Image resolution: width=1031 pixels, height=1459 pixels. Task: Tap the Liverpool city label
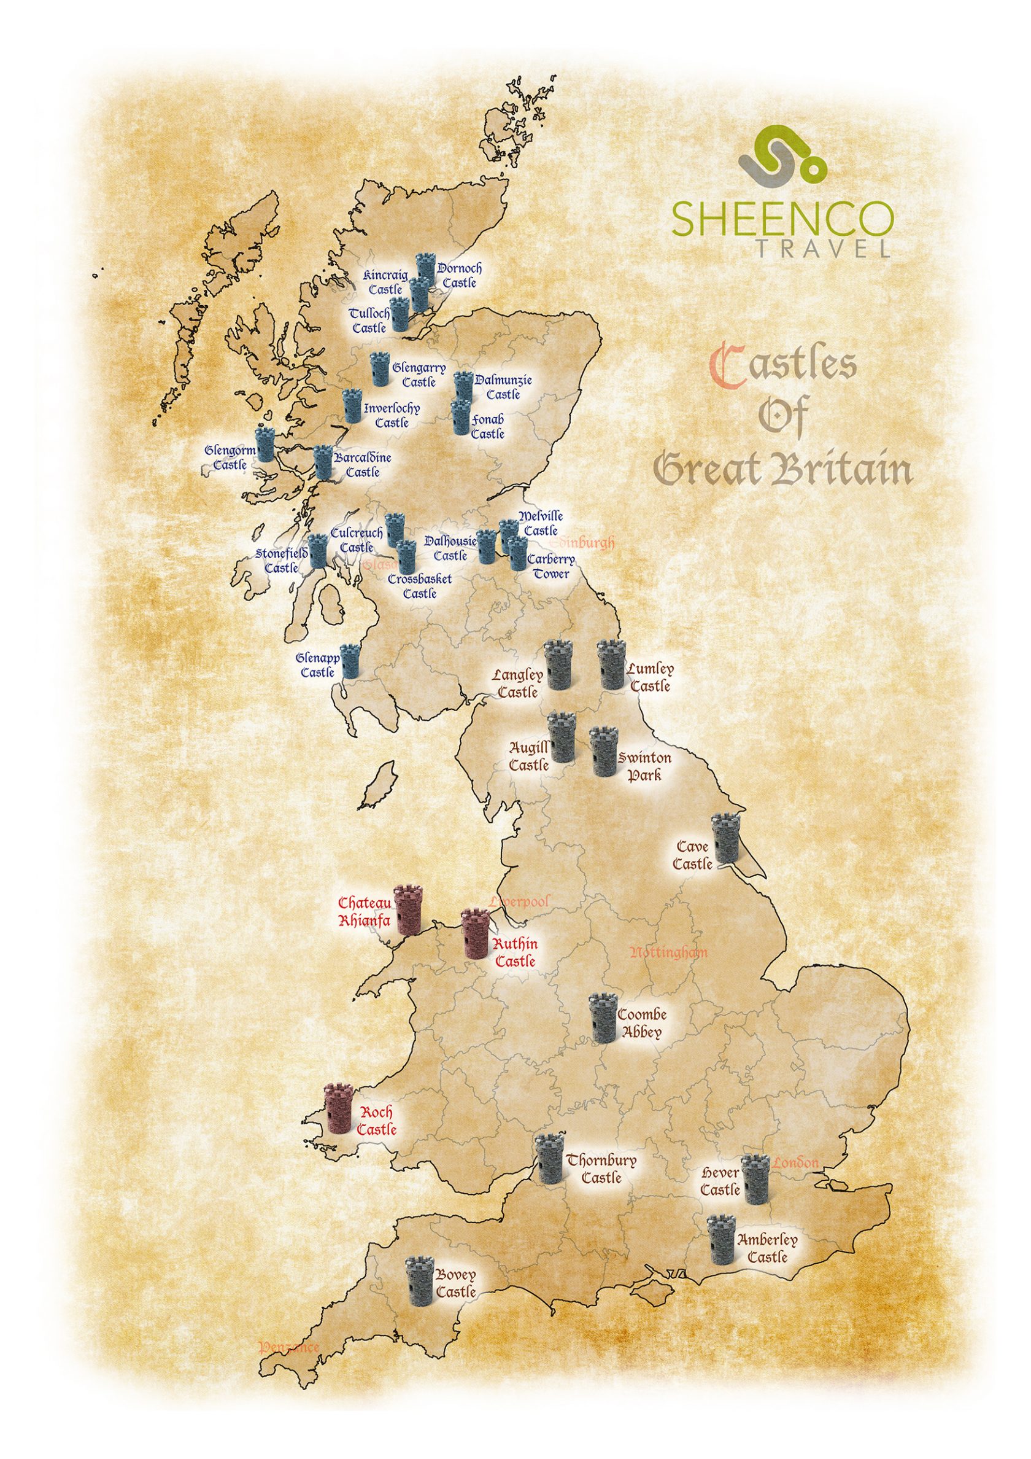tap(519, 901)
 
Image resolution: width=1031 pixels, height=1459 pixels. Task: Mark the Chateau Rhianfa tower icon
tap(407, 909)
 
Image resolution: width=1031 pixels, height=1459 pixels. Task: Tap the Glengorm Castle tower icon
tap(264, 443)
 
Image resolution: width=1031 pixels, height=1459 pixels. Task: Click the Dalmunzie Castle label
tap(504, 387)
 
